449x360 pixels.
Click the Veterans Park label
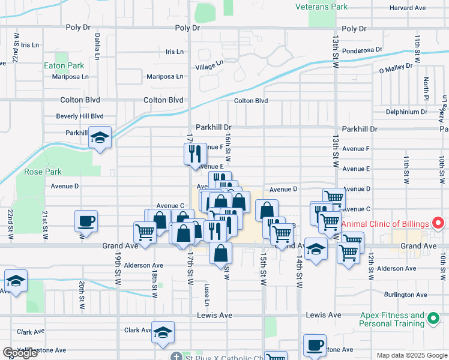click(322, 7)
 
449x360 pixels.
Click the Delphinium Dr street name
click(406, 112)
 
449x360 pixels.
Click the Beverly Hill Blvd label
click(80, 116)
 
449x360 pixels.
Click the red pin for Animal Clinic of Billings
click(438, 224)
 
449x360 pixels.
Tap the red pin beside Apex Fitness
click(433, 319)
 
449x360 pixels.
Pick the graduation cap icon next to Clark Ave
click(162, 332)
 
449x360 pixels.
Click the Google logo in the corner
click(20, 353)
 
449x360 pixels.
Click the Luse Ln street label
click(206, 293)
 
